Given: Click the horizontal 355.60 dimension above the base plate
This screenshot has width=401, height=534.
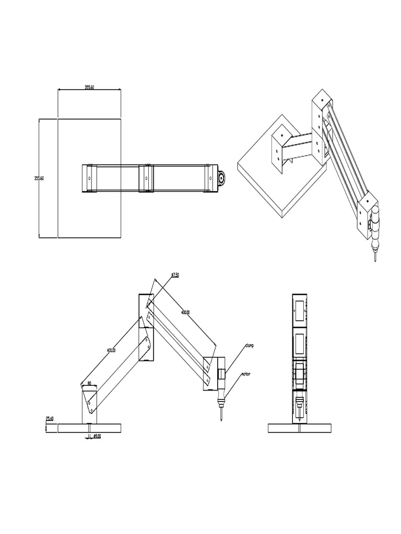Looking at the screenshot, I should click(x=89, y=87).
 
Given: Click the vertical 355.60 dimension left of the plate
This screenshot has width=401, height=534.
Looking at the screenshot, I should click(x=38, y=178).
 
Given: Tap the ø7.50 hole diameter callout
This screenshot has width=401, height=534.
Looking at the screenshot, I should click(x=175, y=274).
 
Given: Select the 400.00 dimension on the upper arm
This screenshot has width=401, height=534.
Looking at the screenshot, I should click(x=185, y=312).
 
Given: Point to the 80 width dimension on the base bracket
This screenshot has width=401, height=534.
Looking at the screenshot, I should click(x=89, y=383).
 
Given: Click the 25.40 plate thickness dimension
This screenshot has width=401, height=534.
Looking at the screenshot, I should click(x=50, y=418).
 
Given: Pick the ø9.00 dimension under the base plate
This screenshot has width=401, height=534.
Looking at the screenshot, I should click(x=97, y=435).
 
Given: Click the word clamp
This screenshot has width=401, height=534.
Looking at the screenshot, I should click(x=248, y=345).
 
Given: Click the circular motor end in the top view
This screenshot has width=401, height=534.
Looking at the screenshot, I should click(x=222, y=178).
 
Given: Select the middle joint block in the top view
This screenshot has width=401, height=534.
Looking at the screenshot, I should click(x=147, y=178).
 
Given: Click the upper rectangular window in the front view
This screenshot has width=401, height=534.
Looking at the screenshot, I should click(x=300, y=310).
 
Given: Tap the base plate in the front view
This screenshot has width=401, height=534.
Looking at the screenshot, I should click(x=300, y=428).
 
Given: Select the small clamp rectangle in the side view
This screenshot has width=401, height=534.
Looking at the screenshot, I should click(x=222, y=373).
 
